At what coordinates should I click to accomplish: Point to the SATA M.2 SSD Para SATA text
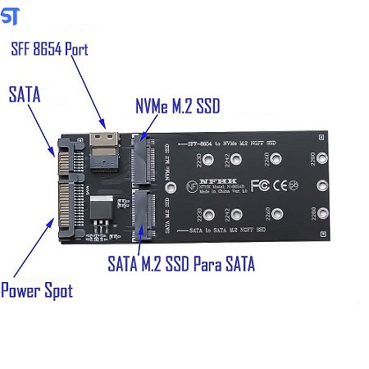[181, 264]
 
